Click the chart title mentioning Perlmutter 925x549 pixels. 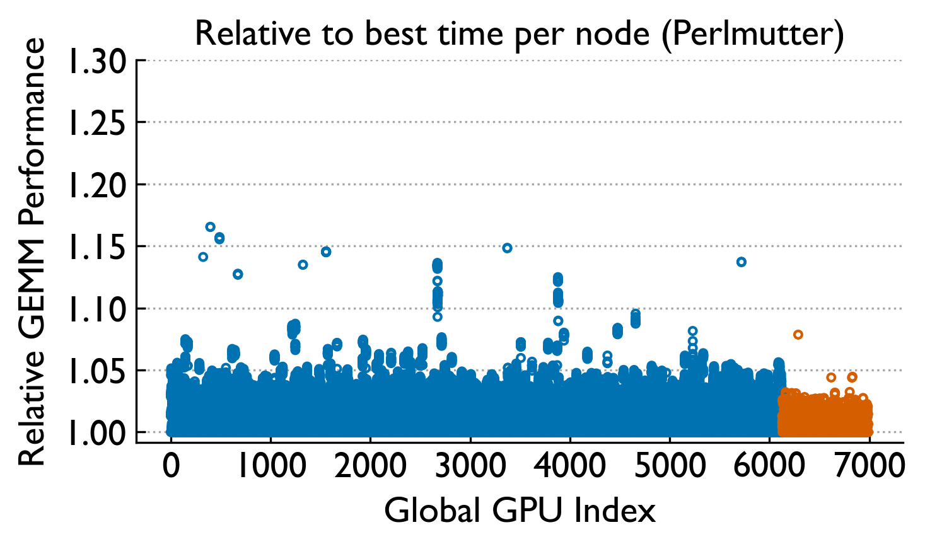coord(519,33)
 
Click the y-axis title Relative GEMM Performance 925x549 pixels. coord(32,252)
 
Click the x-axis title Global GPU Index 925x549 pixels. coord(520,510)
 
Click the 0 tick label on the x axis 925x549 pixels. coord(171,467)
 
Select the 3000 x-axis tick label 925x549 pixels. coord(470,467)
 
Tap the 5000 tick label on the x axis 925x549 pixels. coord(670,467)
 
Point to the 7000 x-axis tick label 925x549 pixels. coord(870,467)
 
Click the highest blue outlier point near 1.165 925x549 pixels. coord(211,227)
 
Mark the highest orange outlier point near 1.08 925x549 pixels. coord(798,335)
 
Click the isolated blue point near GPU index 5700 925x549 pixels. coord(742,262)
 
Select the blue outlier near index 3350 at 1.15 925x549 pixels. coord(507,248)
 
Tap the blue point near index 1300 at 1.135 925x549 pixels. coord(303,265)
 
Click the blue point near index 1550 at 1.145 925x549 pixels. coord(326,251)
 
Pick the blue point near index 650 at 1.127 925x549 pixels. coord(238,274)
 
